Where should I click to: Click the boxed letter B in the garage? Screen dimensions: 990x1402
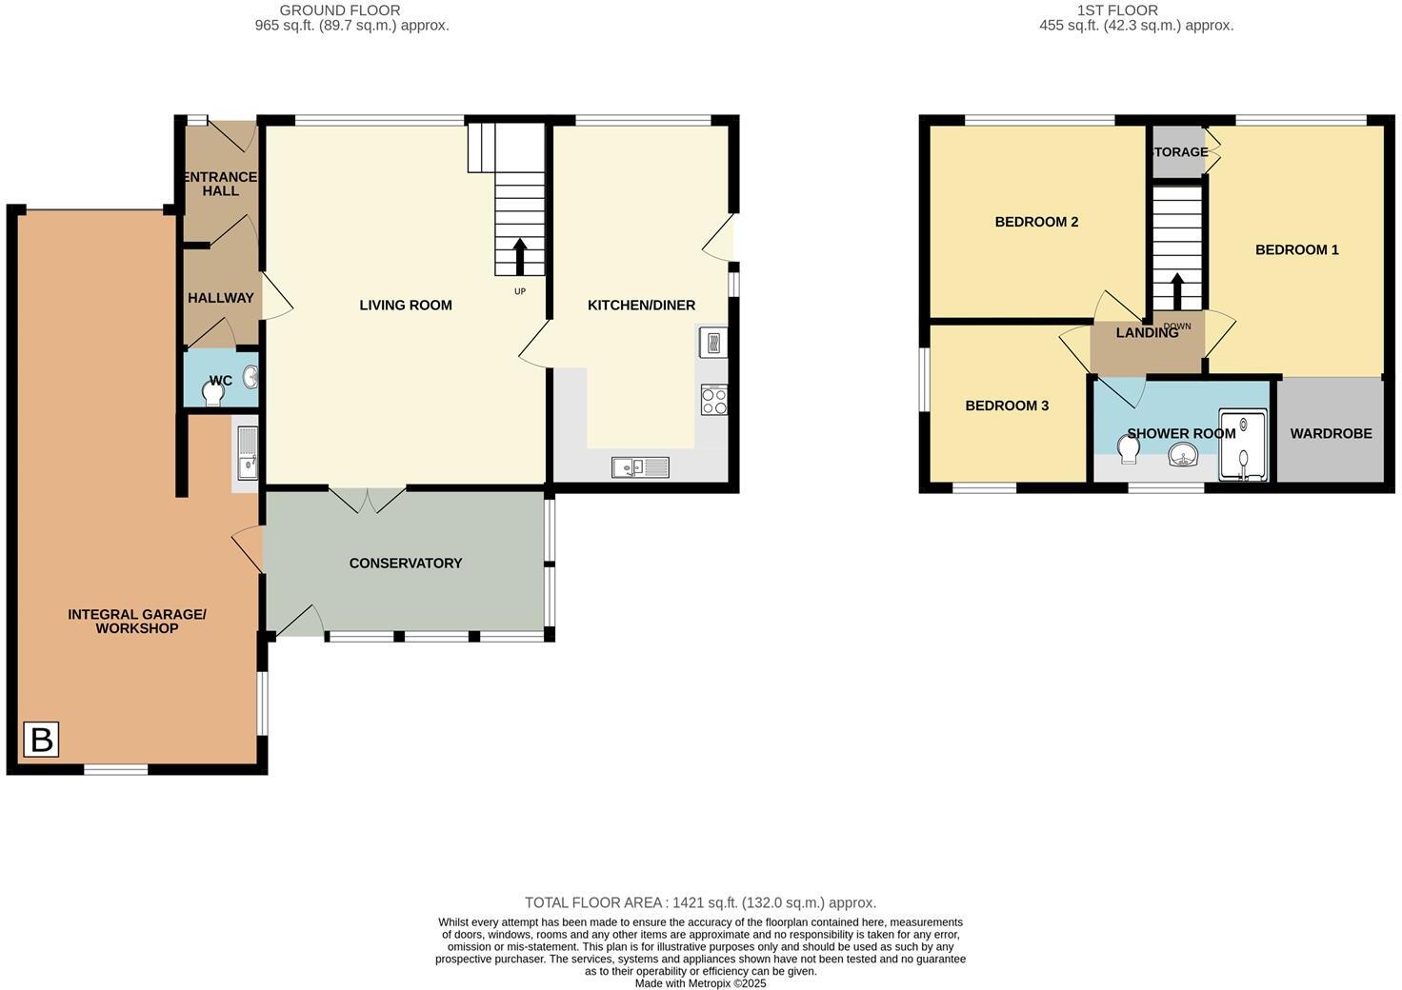coord(41,740)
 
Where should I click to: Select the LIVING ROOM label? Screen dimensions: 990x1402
coord(406,306)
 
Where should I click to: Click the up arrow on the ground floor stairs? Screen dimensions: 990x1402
coord(519,256)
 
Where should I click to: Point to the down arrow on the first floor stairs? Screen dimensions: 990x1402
coord(1177,291)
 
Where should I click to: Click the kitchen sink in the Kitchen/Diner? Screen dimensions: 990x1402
coord(640,467)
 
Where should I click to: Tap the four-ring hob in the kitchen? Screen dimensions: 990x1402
coord(713,400)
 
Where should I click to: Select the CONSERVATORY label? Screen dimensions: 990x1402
coord(406,564)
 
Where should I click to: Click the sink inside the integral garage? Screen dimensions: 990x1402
coord(247,455)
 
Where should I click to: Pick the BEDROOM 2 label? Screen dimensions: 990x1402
coord(1036,222)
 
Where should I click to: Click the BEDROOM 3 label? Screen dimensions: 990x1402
coord(1007,406)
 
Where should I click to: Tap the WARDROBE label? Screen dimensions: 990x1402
coord(1331,433)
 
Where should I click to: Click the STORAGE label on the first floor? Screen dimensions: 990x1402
coord(1179,152)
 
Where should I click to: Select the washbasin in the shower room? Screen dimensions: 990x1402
coord(1182,456)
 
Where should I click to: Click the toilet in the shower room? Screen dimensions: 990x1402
coord(1130,448)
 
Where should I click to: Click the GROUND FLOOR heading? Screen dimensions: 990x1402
coord(339,10)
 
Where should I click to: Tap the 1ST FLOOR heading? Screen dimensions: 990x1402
coord(1117,10)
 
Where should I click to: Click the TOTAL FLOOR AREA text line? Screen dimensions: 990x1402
coord(700,902)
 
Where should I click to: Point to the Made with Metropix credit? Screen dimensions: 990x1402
coord(700,983)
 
